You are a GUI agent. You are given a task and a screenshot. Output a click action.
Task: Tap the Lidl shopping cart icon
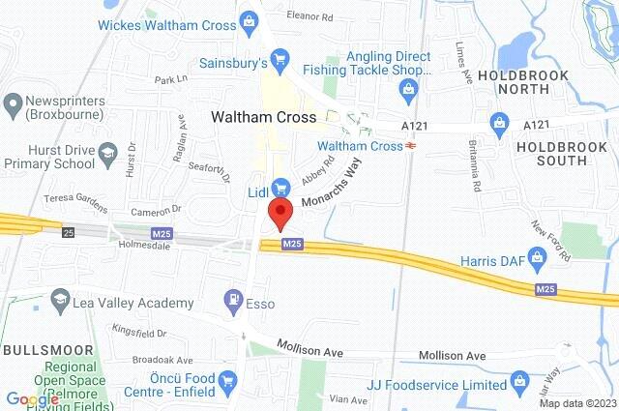(x=281, y=186)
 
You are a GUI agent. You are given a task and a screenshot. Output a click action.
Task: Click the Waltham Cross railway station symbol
(x=411, y=146)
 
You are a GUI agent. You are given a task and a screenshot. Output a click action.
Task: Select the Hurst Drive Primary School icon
(x=107, y=153)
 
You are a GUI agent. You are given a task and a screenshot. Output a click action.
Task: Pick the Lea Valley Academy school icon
(x=61, y=300)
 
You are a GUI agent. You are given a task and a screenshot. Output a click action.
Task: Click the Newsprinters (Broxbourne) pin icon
(x=14, y=103)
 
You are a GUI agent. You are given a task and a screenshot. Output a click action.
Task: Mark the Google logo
(x=32, y=399)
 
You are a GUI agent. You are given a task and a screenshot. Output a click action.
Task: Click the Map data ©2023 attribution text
(x=576, y=403)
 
